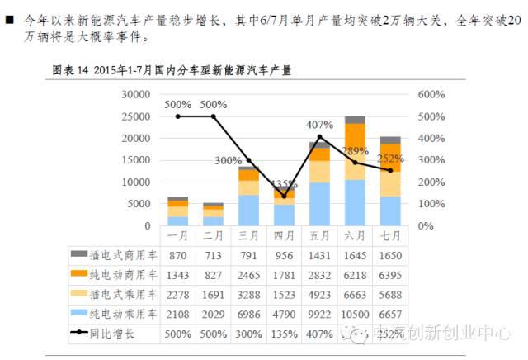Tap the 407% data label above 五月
(x=319, y=125)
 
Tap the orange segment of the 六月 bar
(x=355, y=136)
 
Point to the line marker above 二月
(x=213, y=116)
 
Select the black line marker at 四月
(x=284, y=196)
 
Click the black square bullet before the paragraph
(x=9, y=18)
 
